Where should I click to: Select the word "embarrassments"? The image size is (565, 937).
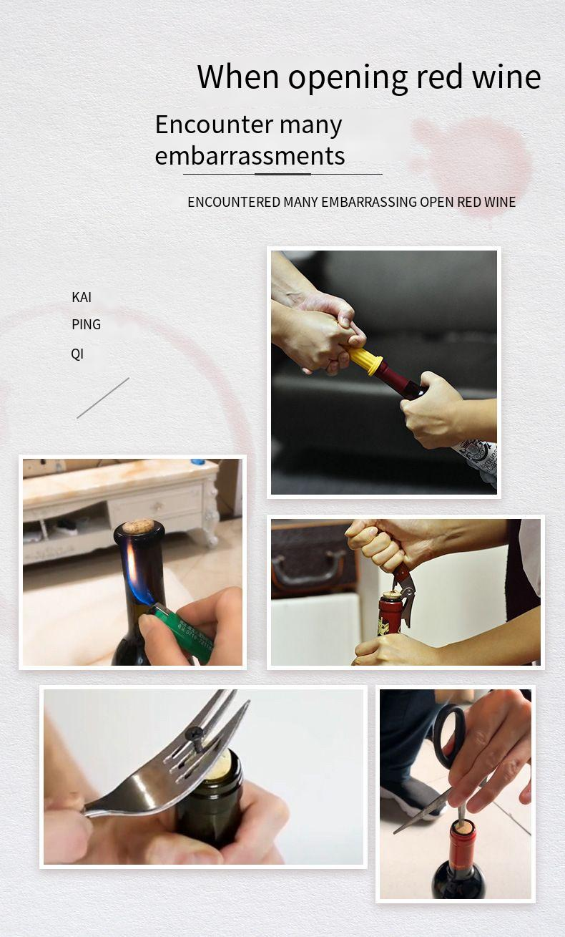tap(250, 155)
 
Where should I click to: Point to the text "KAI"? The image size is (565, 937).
tap(82, 297)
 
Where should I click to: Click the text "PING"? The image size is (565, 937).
tap(86, 324)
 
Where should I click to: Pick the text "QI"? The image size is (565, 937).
tap(77, 354)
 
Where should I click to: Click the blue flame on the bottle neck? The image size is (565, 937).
tap(133, 573)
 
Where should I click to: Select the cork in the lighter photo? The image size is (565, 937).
tap(138, 526)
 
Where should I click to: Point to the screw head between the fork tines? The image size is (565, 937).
tap(195, 733)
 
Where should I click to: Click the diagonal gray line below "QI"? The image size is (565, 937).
tap(103, 398)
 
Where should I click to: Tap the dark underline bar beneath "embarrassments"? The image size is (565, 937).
tap(282, 174)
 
